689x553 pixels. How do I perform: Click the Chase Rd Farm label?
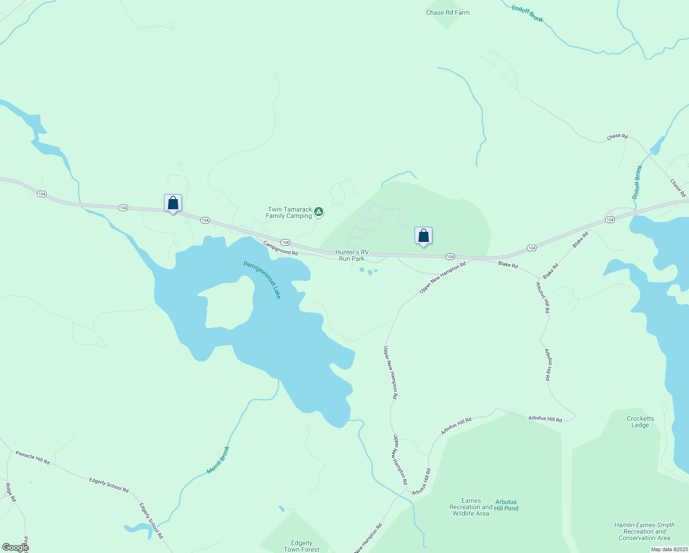[447, 13]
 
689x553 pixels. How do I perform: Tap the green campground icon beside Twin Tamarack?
[319, 212]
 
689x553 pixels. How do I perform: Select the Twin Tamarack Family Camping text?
[289, 212]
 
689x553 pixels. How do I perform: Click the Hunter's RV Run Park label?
[352, 255]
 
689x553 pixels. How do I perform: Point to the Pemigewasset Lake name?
[262, 280]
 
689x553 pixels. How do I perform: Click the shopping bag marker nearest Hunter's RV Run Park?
[423, 236]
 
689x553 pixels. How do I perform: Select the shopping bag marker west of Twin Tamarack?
[173, 203]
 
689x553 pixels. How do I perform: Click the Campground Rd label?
[280, 248]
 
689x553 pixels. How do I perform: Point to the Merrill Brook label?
[218, 459]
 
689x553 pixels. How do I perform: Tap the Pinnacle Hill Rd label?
[32, 458]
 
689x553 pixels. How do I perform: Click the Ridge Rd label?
[10, 492]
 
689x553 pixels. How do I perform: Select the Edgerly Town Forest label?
[301, 546]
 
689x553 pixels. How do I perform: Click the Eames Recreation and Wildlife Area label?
[470, 507]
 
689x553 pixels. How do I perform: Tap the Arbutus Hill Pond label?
[506, 505]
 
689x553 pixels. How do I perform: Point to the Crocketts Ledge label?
[640, 422]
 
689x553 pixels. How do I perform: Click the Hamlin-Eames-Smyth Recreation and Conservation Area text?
[644, 531]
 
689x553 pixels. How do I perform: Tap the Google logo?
[15, 547]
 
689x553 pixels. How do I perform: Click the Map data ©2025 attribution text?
[669, 549]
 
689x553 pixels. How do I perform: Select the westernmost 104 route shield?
[42, 194]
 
